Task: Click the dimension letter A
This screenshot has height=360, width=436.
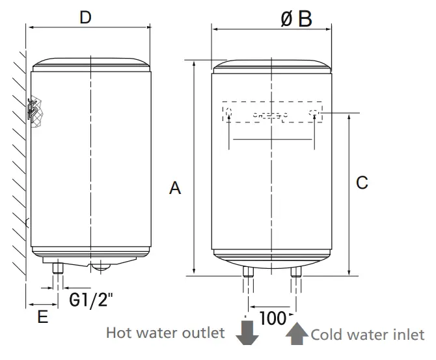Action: coord(174,188)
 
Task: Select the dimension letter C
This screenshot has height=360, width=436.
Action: coord(362,183)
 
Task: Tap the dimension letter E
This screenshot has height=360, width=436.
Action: coord(42,318)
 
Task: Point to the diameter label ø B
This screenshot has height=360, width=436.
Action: coord(296,18)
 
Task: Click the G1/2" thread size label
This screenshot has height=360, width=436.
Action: coord(91,301)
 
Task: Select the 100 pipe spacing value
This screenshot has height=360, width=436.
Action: coord(273,318)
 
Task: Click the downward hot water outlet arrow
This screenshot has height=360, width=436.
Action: coord(247,332)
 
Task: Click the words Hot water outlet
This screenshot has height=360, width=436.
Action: coord(166,333)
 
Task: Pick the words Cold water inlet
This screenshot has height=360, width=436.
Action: coord(368,335)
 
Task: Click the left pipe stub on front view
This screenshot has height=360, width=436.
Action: coord(247,271)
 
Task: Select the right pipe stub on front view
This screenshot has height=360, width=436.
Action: coord(296,271)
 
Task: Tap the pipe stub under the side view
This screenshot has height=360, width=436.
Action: coord(58,267)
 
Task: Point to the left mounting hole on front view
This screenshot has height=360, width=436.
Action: coord(228,113)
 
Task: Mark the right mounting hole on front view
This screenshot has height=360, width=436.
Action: coord(314,113)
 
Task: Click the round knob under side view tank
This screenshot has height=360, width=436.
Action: coord(101,264)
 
